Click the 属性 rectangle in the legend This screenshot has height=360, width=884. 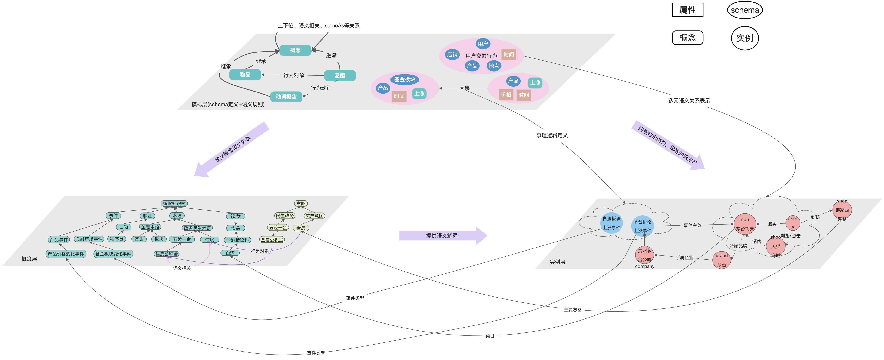click(x=687, y=10)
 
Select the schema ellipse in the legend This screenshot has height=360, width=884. click(x=745, y=10)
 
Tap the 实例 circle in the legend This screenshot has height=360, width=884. click(x=745, y=38)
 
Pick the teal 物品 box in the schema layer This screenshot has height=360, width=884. click(x=245, y=75)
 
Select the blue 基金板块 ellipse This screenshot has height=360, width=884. click(x=405, y=79)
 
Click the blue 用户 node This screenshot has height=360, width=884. click(x=483, y=44)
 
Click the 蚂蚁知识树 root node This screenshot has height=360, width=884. click(x=174, y=204)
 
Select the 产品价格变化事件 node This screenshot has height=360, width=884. click(x=66, y=254)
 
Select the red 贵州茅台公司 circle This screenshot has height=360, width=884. click(x=644, y=255)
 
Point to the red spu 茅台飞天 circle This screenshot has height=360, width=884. click(x=745, y=224)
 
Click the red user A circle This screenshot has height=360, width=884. click(x=793, y=223)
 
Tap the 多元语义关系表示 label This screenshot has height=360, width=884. click(x=689, y=101)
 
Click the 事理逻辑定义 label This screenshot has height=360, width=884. click(x=552, y=135)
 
